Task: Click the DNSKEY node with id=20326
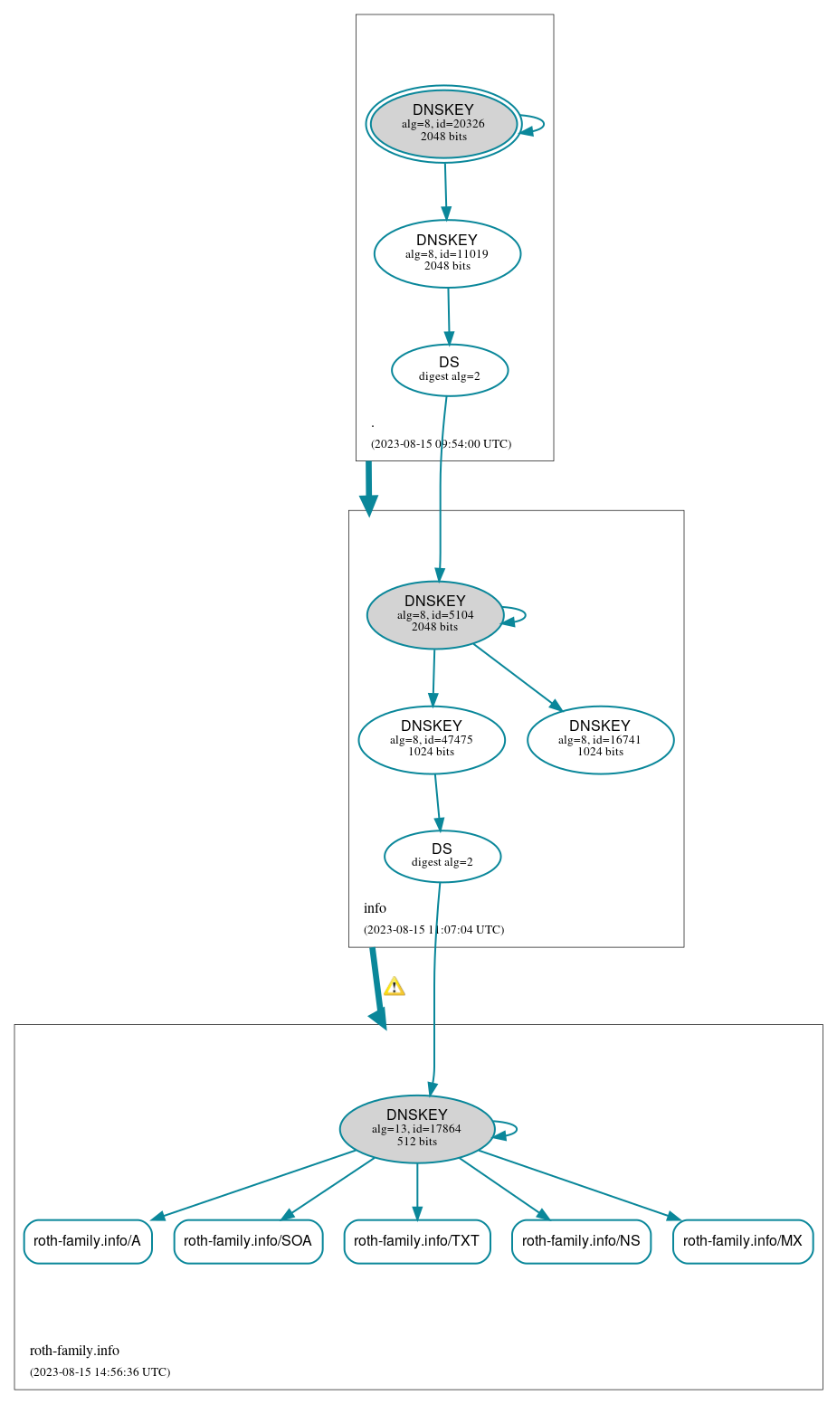point(443,124)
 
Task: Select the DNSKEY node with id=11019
point(447,254)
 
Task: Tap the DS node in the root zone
point(450,370)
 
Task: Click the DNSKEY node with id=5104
point(435,615)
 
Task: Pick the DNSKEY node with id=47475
point(432,740)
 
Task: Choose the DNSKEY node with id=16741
point(600,740)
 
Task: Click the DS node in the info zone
point(442,856)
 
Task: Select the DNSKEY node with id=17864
point(417,1129)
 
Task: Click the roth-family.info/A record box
point(88,1241)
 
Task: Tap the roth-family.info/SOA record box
point(248,1241)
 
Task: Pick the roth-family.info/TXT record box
point(417,1241)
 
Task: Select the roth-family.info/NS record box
point(581,1241)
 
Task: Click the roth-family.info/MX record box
point(743,1241)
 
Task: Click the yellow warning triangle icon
point(394,987)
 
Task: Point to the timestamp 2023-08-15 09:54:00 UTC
point(441,444)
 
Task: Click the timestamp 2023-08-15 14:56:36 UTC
point(100,1372)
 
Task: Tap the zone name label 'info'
point(375,908)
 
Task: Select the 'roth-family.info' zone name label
point(74,1351)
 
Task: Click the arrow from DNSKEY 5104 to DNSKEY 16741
point(518,677)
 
